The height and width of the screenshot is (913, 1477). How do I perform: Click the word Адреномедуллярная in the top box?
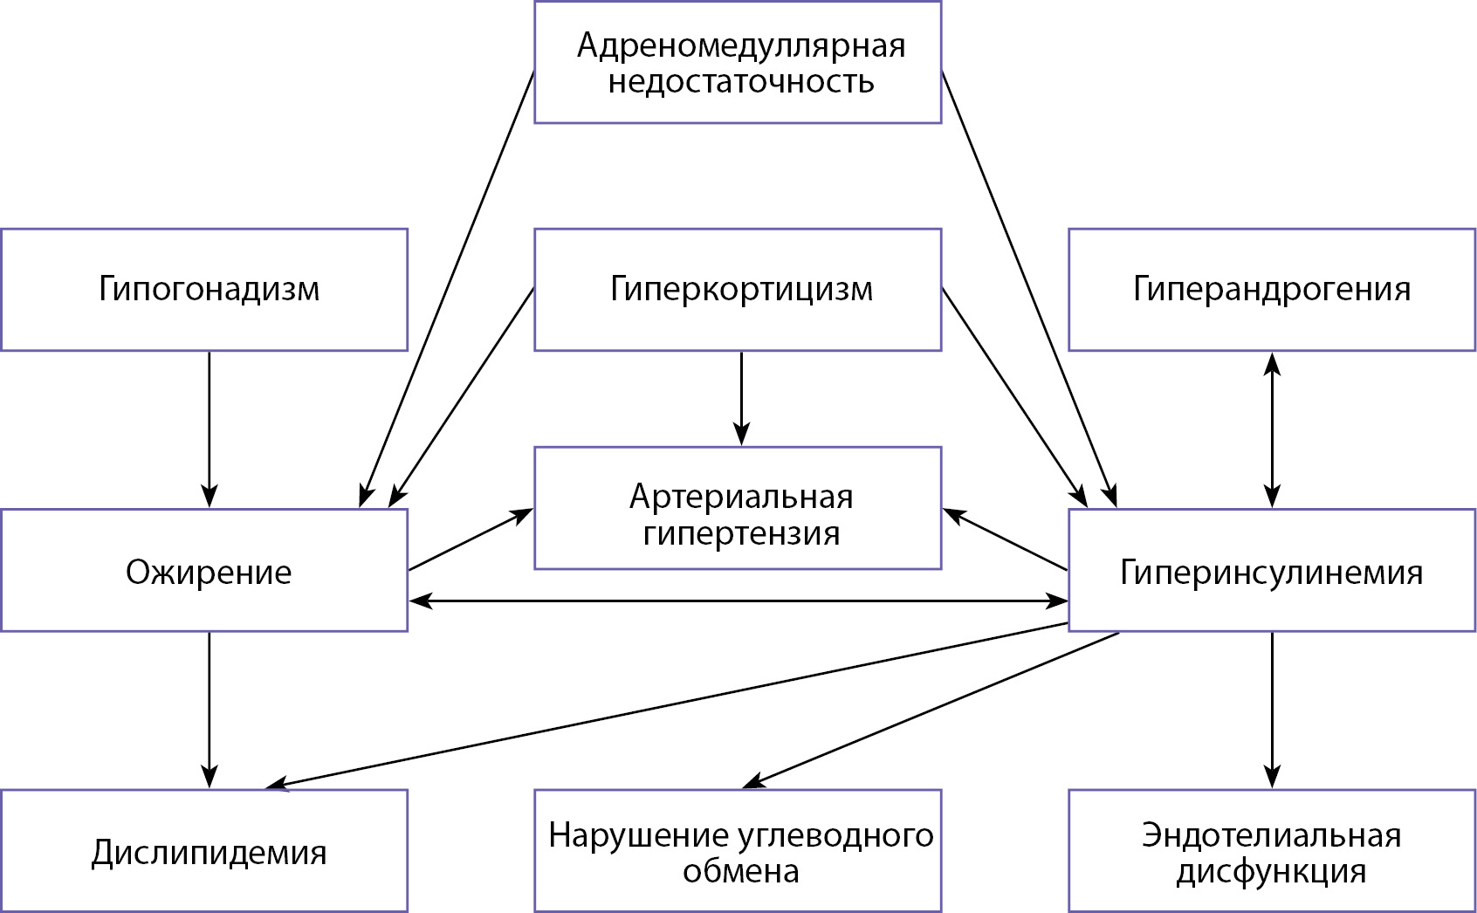click(740, 45)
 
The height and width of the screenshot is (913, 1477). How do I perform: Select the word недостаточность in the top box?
click(740, 82)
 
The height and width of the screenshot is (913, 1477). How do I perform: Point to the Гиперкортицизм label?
click(740, 289)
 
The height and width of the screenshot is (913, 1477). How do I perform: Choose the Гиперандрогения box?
click(1271, 290)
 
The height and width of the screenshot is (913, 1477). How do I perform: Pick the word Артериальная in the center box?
click(740, 497)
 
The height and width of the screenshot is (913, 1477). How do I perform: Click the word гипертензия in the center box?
click(740, 533)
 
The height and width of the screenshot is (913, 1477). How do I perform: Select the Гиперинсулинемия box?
click(1271, 571)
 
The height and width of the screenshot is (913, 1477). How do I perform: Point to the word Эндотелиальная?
click(1271, 835)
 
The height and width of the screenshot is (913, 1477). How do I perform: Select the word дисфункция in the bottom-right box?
click(1271, 871)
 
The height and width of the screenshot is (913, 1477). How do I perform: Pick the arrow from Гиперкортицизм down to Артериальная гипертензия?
click(741, 398)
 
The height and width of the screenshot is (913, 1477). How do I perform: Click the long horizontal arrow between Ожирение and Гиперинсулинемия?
click(738, 601)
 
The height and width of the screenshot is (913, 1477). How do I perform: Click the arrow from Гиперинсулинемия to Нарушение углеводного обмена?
click(931, 710)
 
